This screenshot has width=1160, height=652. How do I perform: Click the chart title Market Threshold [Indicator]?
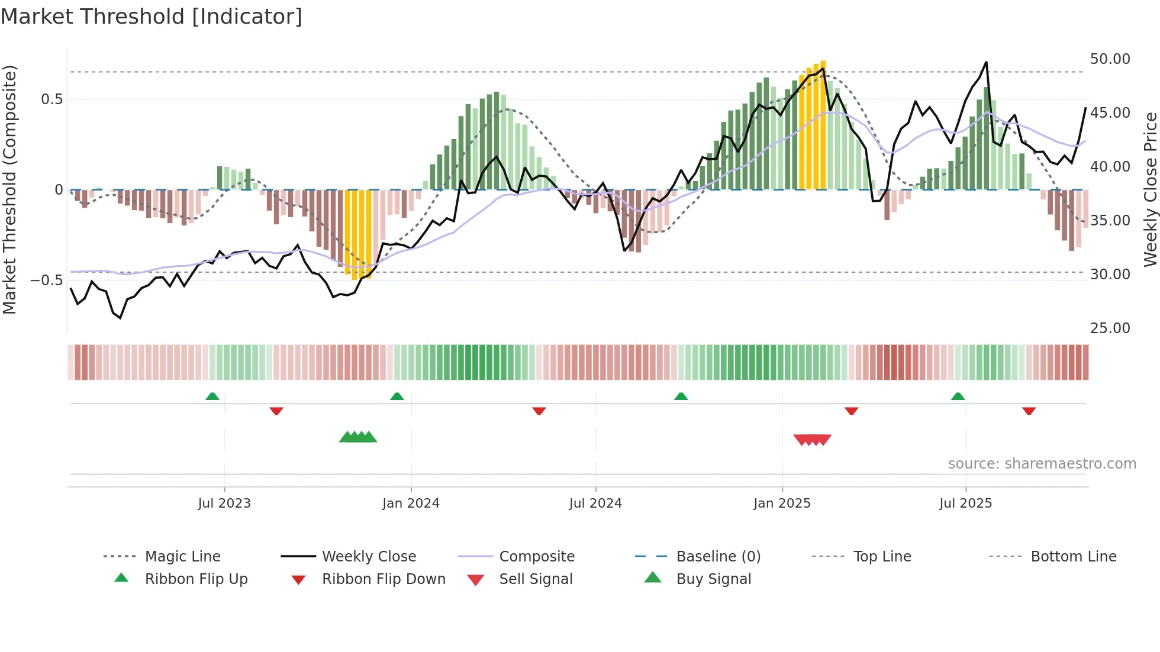pyautogui.click(x=152, y=17)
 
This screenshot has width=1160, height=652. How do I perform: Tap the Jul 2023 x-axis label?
pyautogui.click(x=224, y=503)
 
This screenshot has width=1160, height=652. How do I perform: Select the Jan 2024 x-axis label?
pyautogui.click(x=411, y=503)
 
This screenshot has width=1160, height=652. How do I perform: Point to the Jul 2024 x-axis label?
pyautogui.click(x=595, y=503)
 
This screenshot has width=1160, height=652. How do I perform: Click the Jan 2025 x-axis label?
pyautogui.click(x=782, y=503)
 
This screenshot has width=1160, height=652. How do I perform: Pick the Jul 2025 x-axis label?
pyautogui.click(x=965, y=503)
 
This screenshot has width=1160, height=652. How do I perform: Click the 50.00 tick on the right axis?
pyautogui.click(x=1110, y=59)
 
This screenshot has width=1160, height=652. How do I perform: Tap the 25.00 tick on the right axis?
pyautogui.click(x=1110, y=328)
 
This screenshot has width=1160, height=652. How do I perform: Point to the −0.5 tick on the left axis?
pyautogui.click(x=46, y=280)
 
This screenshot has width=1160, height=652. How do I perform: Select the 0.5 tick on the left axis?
pyautogui.click(x=51, y=99)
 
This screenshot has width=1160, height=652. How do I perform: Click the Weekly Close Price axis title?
pyautogui.click(x=1150, y=189)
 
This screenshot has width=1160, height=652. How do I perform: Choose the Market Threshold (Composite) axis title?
pyautogui.click(x=9, y=189)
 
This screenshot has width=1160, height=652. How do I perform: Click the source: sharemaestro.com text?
pyautogui.click(x=1042, y=463)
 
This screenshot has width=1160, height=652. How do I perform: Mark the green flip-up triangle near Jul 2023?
pyautogui.click(x=212, y=396)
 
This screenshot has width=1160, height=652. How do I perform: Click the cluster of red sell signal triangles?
pyautogui.click(x=812, y=440)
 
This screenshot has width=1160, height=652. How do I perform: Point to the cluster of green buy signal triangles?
pyautogui.click(x=357, y=437)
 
